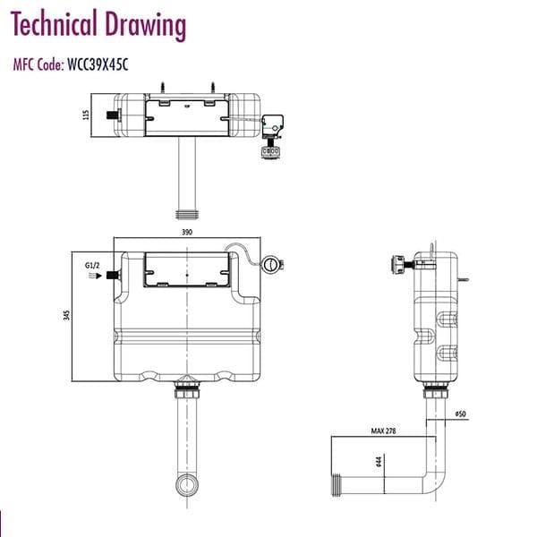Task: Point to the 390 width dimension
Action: (x=188, y=232)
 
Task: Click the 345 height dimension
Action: (x=68, y=316)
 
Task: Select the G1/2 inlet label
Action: (x=91, y=266)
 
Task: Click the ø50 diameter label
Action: (x=461, y=414)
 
